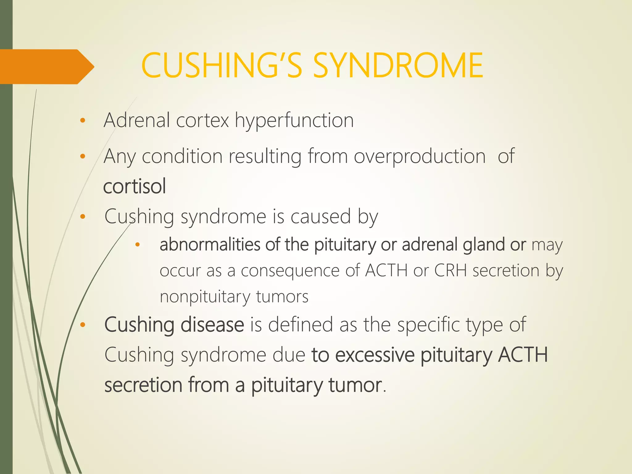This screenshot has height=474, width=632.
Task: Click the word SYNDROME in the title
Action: click(398, 65)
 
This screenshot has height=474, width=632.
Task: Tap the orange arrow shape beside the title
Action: click(46, 67)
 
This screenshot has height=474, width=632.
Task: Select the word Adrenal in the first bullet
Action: click(137, 120)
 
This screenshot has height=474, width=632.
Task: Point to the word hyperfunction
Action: click(294, 121)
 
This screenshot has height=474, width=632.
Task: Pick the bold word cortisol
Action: click(135, 186)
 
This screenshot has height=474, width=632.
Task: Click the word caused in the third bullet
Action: click(321, 216)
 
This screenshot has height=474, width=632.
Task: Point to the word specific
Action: click(429, 325)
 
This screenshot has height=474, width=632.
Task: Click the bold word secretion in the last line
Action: click(143, 385)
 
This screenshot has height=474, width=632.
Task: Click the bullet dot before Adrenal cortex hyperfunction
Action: click(82, 121)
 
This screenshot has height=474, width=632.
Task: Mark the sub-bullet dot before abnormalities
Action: click(138, 245)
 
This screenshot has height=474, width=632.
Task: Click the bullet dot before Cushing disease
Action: click(82, 325)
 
